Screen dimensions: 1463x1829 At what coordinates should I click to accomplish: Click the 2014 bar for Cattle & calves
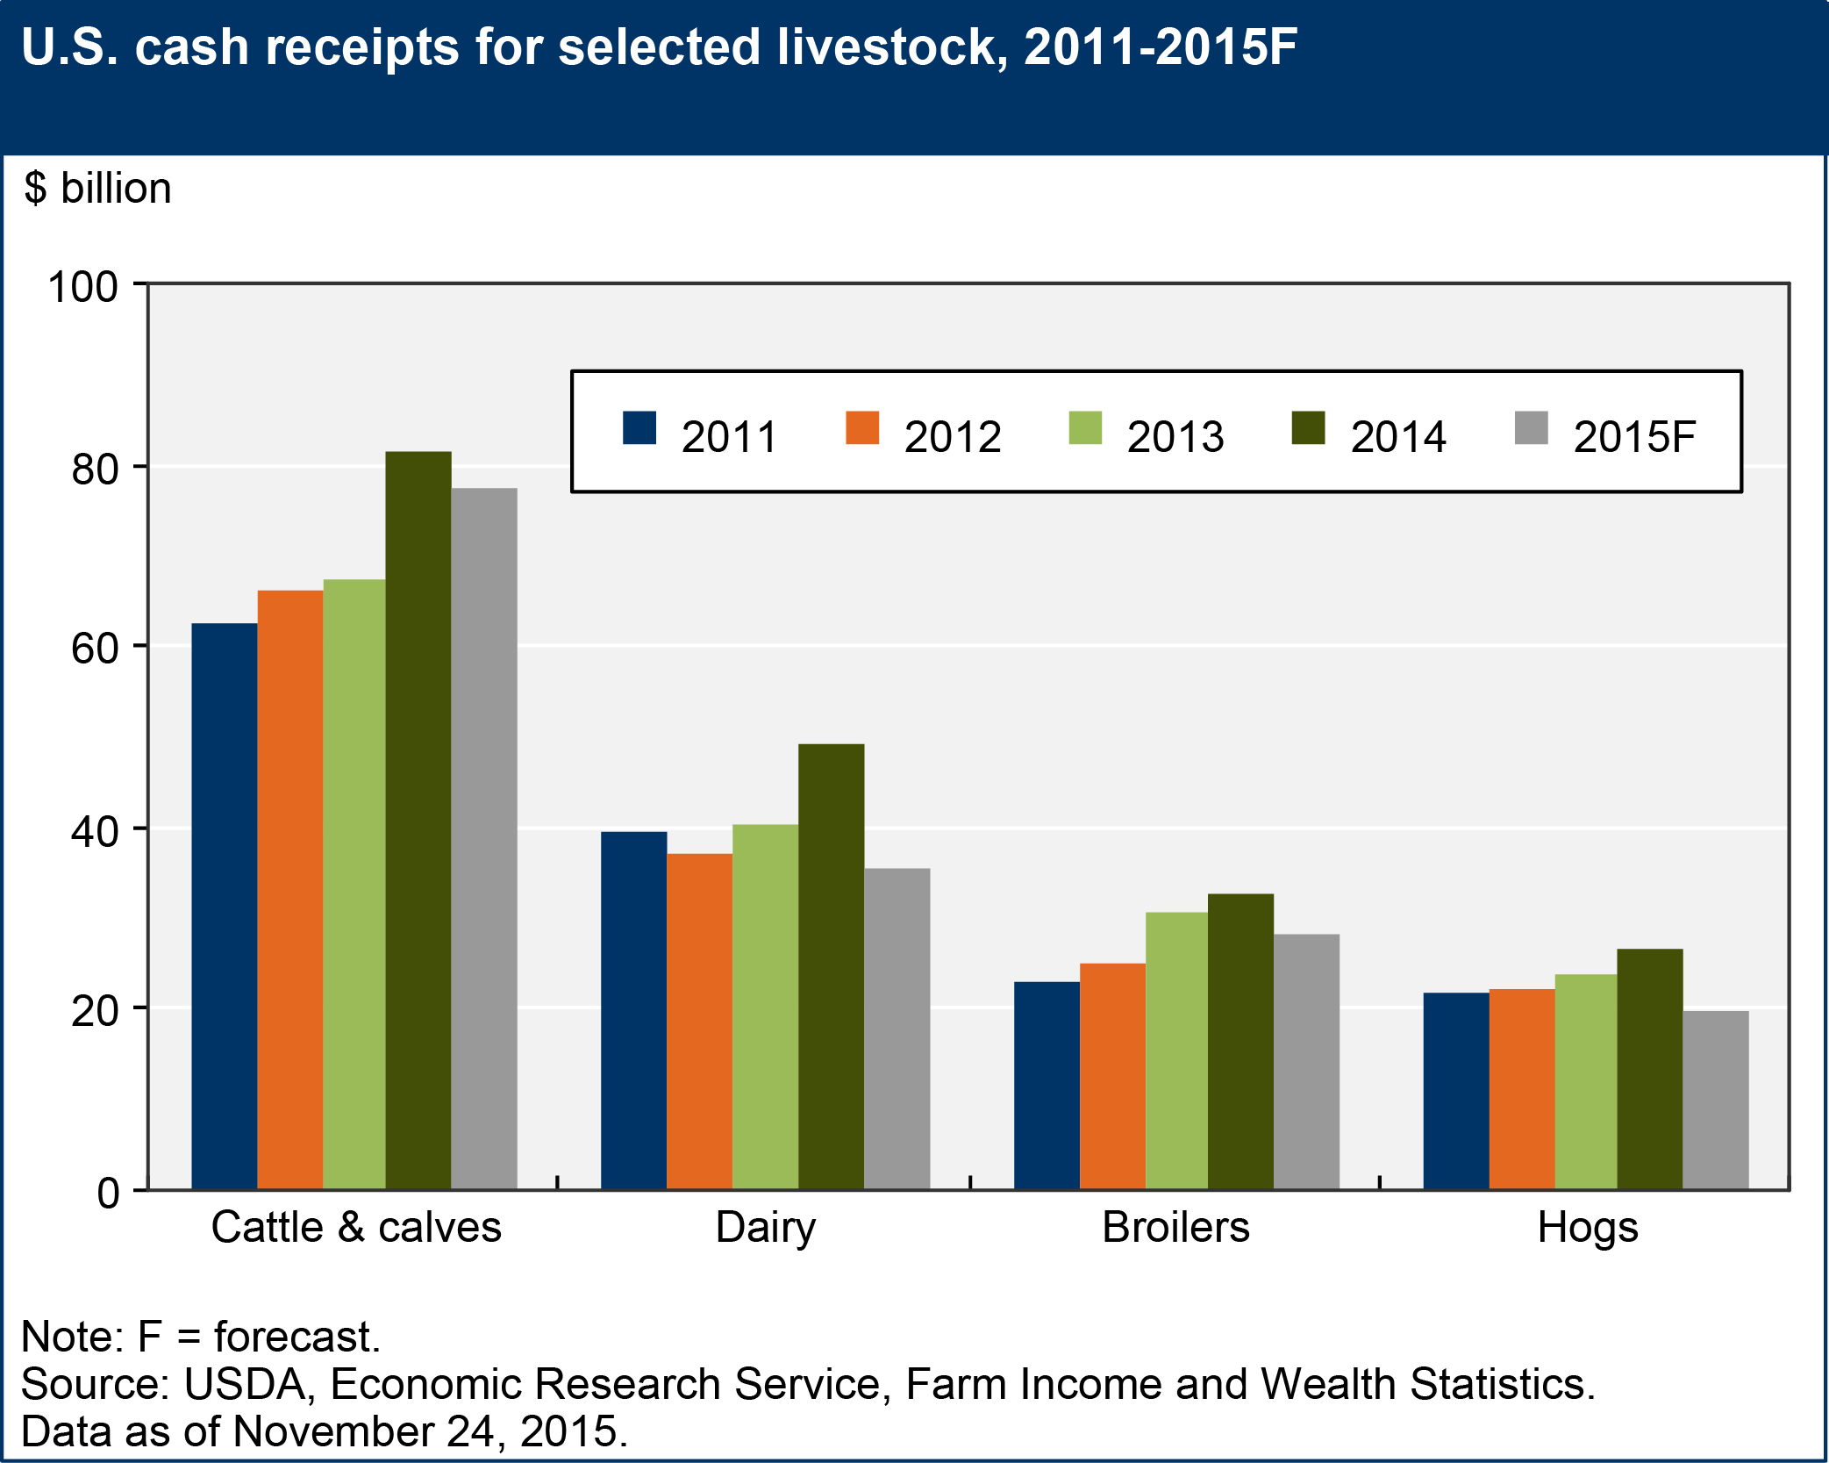pyautogui.click(x=418, y=821)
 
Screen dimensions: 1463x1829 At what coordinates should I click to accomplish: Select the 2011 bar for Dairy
pyautogui.click(x=633, y=1010)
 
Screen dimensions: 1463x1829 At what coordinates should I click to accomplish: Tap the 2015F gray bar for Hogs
pyautogui.click(x=1715, y=1101)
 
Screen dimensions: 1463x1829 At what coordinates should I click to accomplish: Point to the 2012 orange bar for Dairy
pyautogui.click(x=699, y=1022)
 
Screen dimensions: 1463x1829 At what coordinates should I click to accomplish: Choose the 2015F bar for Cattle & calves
pyautogui.click(x=484, y=839)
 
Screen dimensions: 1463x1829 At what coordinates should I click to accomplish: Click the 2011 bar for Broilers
pyautogui.click(x=1047, y=1086)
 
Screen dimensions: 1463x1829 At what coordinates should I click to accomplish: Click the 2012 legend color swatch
pyautogui.click(x=862, y=428)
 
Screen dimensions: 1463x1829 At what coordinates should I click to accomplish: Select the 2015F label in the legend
pyautogui.click(x=1633, y=437)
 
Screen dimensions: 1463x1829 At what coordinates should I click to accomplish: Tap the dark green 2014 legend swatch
pyautogui.click(x=1308, y=428)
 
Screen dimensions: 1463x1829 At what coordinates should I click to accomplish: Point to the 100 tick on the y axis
pyautogui.click(x=82, y=287)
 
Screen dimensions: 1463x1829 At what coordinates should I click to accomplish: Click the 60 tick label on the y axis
pyautogui.click(x=95, y=649)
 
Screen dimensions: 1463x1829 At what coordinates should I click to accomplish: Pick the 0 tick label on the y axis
pyautogui.click(x=108, y=1193)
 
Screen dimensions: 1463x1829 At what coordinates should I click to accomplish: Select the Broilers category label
pyautogui.click(x=1175, y=1227)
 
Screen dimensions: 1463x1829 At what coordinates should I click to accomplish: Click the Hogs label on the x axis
pyautogui.click(x=1587, y=1227)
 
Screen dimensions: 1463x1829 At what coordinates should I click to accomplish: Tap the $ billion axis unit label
pyautogui.click(x=97, y=189)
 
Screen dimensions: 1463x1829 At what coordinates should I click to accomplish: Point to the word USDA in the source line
pyautogui.click(x=245, y=1384)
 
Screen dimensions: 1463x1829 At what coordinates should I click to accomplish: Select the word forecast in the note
pyautogui.click(x=296, y=1337)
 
